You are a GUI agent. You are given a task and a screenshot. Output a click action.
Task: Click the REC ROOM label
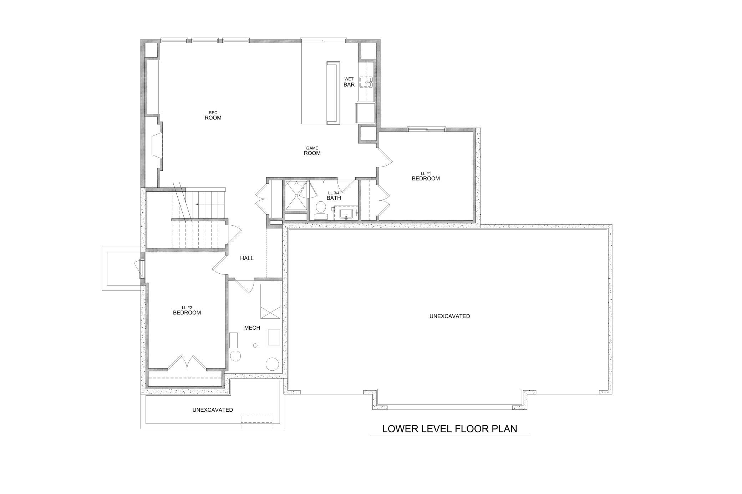point(213,115)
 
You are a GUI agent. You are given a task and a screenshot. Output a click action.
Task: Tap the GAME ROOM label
point(312,151)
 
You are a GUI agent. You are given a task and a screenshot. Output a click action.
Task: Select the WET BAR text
point(349,82)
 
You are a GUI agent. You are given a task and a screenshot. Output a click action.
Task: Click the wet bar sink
point(366,82)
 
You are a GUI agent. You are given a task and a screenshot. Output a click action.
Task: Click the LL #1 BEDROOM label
point(426,176)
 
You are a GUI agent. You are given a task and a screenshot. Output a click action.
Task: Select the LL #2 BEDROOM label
point(187,310)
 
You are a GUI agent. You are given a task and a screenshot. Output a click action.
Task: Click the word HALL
point(247,258)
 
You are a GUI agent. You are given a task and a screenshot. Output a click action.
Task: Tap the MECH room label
point(252,328)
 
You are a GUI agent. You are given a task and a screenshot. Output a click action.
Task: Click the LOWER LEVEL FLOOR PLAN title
point(449,428)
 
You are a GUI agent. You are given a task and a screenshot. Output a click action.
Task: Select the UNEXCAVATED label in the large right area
point(449,316)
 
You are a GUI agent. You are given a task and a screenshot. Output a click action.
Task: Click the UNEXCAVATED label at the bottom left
point(213,410)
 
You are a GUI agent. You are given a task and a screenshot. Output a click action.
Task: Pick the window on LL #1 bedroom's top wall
point(427,129)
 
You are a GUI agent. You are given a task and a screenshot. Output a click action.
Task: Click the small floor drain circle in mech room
point(255,345)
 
